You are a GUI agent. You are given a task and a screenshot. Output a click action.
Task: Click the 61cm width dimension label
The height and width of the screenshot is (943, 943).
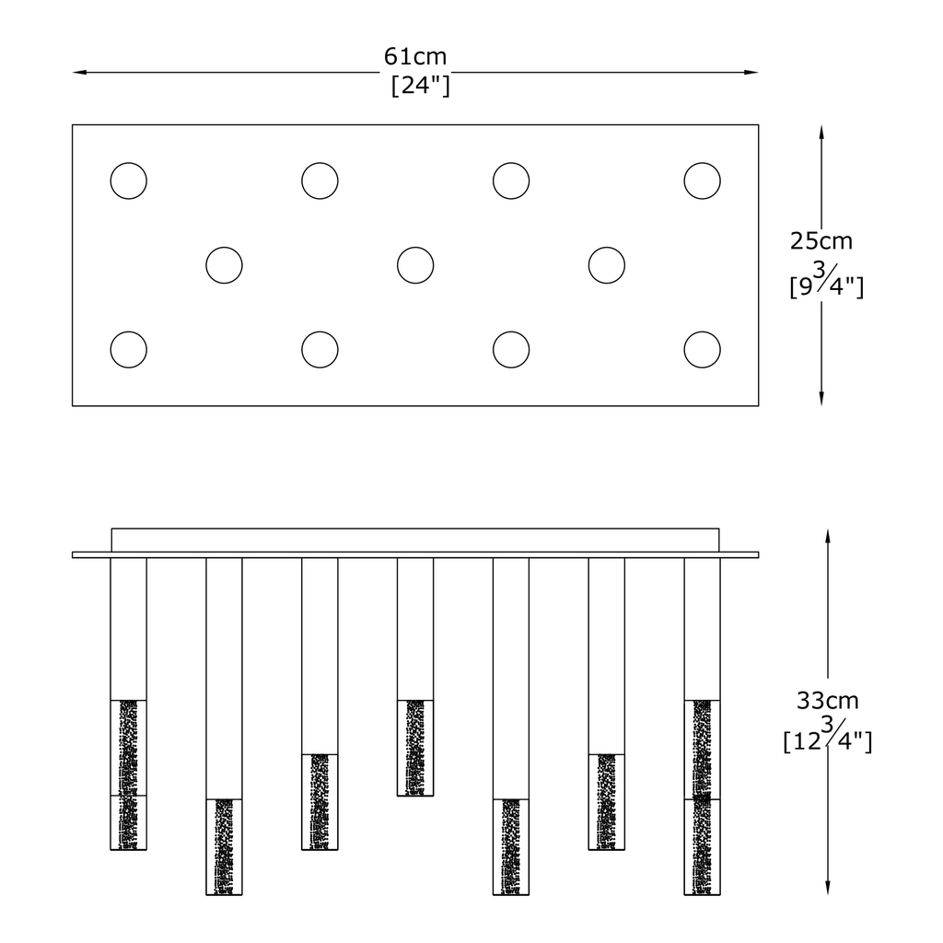point(415,57)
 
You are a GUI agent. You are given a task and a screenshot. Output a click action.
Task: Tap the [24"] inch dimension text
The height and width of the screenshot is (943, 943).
point(420,87)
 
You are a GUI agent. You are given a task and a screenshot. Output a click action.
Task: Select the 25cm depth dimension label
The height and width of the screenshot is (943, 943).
point(821,241)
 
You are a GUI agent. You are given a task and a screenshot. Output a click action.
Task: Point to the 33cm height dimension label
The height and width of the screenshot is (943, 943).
point(827,701)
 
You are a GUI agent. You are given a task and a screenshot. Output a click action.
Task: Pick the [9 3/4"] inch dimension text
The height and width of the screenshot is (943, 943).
point(826,281)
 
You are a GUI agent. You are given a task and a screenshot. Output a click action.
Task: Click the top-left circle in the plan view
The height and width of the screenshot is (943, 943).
point(128,180)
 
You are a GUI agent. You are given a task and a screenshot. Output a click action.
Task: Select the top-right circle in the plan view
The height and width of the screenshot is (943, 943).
point(703,180)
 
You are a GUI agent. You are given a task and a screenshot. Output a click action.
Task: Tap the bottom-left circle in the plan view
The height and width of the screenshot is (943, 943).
point(128,350)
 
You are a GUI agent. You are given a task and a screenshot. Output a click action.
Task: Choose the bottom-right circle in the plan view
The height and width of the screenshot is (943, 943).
point(703,350)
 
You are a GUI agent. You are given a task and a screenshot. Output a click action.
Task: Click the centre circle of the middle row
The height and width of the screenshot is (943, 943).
point(415,265)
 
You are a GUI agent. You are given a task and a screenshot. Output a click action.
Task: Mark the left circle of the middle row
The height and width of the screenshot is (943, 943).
point(224,265)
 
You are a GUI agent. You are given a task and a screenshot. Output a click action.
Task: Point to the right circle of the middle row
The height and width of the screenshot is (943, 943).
point(607,265)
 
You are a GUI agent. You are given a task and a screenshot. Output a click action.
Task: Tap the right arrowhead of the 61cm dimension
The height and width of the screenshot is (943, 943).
point(752,72)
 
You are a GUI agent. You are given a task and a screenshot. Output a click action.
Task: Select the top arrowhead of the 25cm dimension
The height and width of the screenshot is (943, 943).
point(821,132)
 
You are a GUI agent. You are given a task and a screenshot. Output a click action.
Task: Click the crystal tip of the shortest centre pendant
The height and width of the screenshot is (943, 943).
point(415,748)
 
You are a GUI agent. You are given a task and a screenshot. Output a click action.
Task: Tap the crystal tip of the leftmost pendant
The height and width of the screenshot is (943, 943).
point(128,774)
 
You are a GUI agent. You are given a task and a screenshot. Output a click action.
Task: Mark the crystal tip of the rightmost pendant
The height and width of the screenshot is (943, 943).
point(703,797)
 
